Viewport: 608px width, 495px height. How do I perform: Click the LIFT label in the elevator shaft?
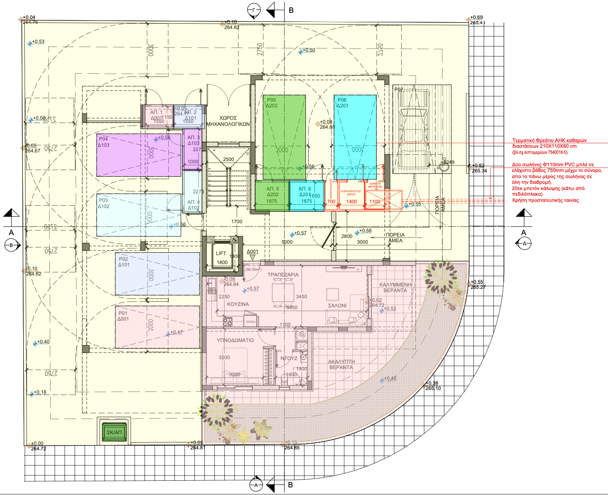coord(221,254)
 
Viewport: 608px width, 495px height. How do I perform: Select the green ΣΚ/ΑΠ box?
coord(114,432)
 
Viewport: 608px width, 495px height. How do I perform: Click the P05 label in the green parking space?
coord(271,100)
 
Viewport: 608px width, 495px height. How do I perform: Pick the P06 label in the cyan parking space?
coord(342,100)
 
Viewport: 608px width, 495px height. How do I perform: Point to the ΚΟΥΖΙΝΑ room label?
coord(238,304)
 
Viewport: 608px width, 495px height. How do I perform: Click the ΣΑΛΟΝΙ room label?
coord(337,306)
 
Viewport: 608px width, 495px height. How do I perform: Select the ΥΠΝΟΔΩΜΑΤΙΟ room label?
coord(235,340)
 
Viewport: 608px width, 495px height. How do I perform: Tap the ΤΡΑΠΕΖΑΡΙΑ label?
coord(283,275)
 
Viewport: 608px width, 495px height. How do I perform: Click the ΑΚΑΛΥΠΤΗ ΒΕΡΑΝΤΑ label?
coord(341,364)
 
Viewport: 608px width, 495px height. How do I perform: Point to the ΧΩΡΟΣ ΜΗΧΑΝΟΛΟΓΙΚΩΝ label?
coord(228,121)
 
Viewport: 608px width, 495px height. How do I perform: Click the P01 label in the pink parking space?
coord(123,314)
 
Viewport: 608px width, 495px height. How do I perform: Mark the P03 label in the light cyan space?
coord(103,200)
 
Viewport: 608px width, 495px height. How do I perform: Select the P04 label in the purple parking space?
coord(103,139)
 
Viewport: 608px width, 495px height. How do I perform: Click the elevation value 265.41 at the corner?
coord(477,23)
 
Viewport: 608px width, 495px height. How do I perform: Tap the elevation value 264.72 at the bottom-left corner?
coord(38,449)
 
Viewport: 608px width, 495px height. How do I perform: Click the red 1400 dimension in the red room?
coord(351,201)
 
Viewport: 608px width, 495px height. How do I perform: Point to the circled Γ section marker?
coord(254,10)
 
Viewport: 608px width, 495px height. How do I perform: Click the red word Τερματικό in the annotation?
coord(524,141)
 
